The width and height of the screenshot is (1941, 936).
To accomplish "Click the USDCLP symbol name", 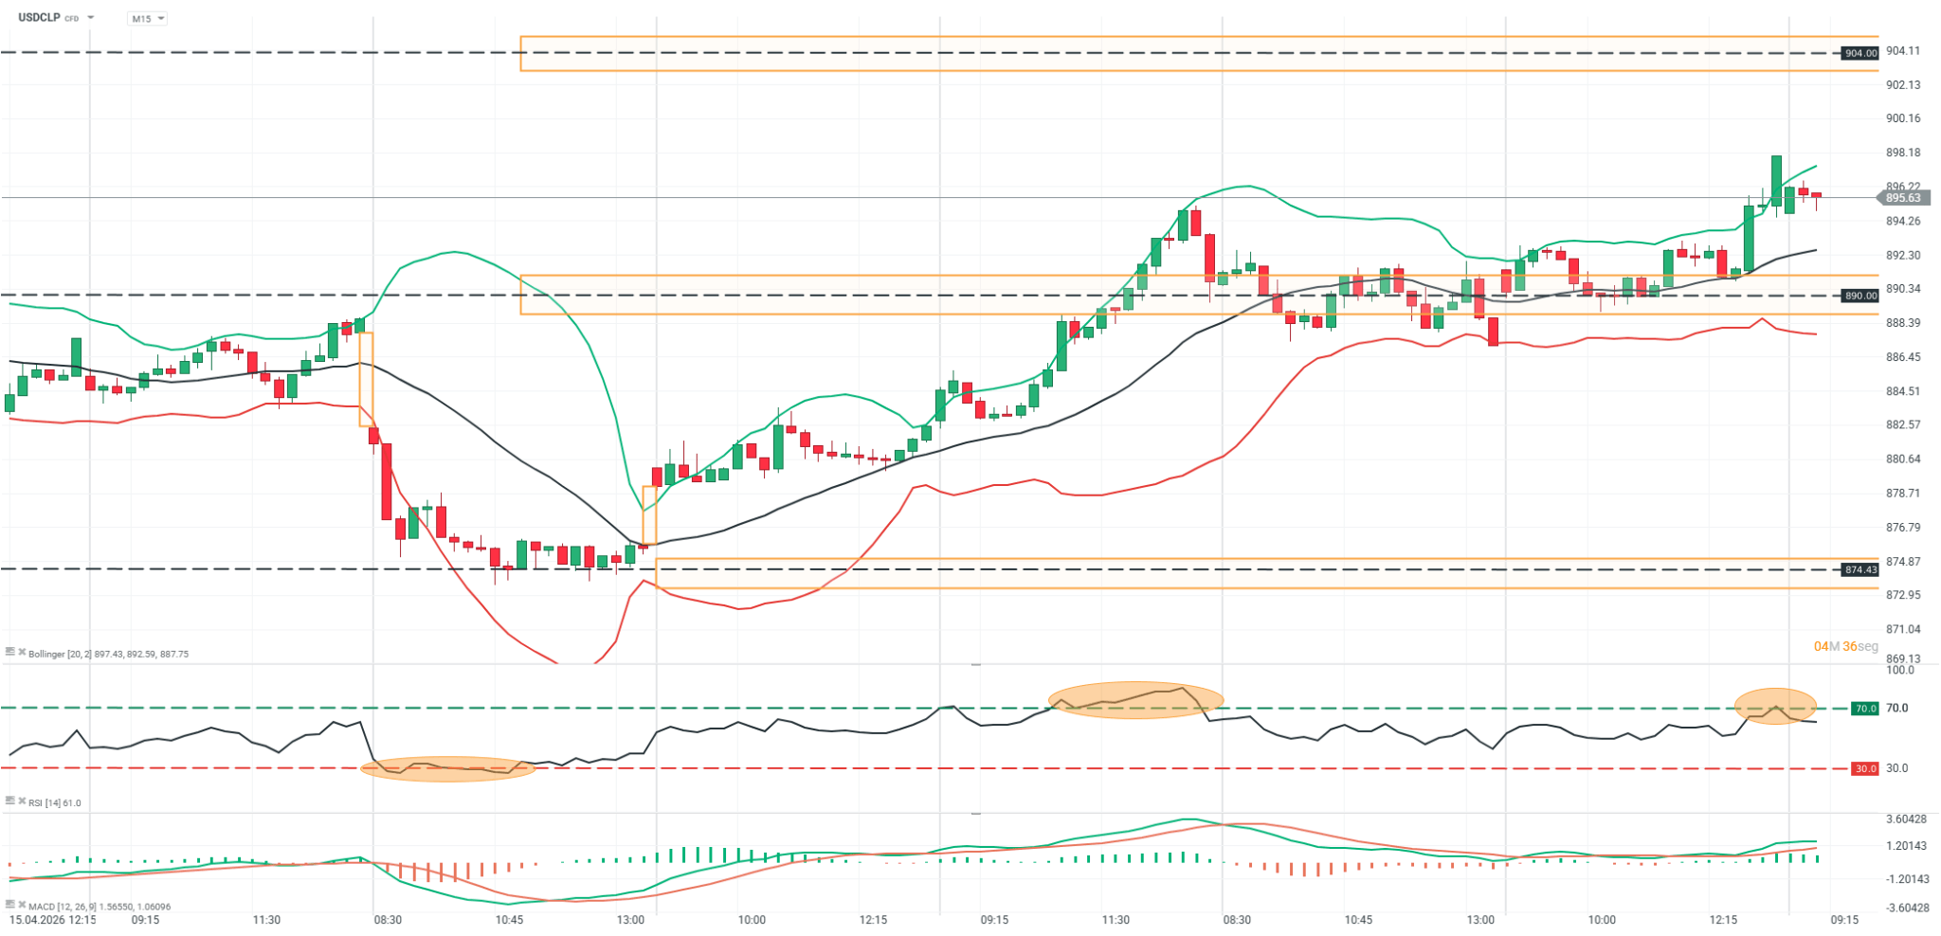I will pyautogui.click(x=38, y=17).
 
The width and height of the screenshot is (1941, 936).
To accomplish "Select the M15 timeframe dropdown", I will pyautogui.click(x=146, y=18).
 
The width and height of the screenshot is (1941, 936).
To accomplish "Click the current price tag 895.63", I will pyautogui.click(x=1901, y=198).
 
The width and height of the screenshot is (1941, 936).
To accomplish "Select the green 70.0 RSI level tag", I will pyautogui.click(x=1865, y=709).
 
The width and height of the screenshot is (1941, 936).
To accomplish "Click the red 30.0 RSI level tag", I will pyautogui.click(x=1865, y=768).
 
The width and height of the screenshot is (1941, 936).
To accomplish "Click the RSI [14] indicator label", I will pyautogui.click(x=54, y=802).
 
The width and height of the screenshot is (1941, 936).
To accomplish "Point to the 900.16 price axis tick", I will pyautogui.click(x=1903, y=118).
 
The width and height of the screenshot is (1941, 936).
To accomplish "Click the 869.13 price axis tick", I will pyautogui.click(x=1903, y=658).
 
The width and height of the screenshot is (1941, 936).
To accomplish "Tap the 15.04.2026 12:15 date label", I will pyautogui.click(x=53, y=920).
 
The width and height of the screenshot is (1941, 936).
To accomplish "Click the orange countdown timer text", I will pyautogui.click(x=1845, y=646).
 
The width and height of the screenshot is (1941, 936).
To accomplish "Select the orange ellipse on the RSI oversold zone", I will pyautogui.click(x=447, y=768).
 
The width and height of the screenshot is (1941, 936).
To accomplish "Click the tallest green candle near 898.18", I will pyautogui.click(x=1776, y=180).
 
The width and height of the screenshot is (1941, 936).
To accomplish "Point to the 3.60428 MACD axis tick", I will pyautogui.click(x=1907, y=819).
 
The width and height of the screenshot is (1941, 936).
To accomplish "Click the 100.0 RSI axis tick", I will pyautogui.click(x=1900, y=670).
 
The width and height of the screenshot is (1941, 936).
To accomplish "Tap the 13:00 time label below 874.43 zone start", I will pyautogui.click(x=630, y=920).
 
